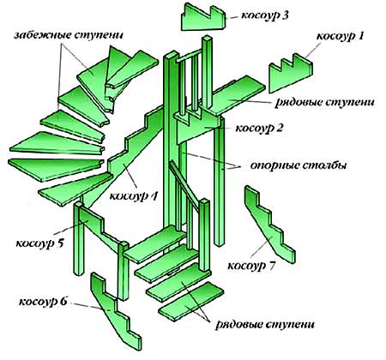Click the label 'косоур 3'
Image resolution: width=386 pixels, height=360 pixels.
click(x=265, y=15)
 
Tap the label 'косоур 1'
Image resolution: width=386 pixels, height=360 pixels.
click(x=340, y=36)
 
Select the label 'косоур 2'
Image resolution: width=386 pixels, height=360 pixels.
click(x=259, y=128)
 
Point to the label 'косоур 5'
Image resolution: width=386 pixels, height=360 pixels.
click(x=39, y=243)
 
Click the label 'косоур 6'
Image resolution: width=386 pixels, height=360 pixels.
click(x=43, y=302)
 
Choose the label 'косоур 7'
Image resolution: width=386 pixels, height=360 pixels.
click(x=251, y=266)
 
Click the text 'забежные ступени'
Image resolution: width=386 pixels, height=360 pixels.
click(x=69, y=36)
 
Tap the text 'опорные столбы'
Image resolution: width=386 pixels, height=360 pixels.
click(x=299, y=165)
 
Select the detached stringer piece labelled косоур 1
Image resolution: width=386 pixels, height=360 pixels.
click(x=290, y=73)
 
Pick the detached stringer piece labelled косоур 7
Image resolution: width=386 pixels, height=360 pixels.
click(x=270, y=225)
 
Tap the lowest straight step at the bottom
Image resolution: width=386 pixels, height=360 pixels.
click(x=191, y=301)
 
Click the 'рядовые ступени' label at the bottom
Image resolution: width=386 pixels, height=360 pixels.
click(x=265, y=325)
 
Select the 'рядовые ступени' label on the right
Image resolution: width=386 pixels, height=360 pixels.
click(x=324, y=102)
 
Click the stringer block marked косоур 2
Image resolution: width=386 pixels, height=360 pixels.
click(x=199, y=127)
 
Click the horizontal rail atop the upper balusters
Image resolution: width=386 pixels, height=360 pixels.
click(x=190, y=56)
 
